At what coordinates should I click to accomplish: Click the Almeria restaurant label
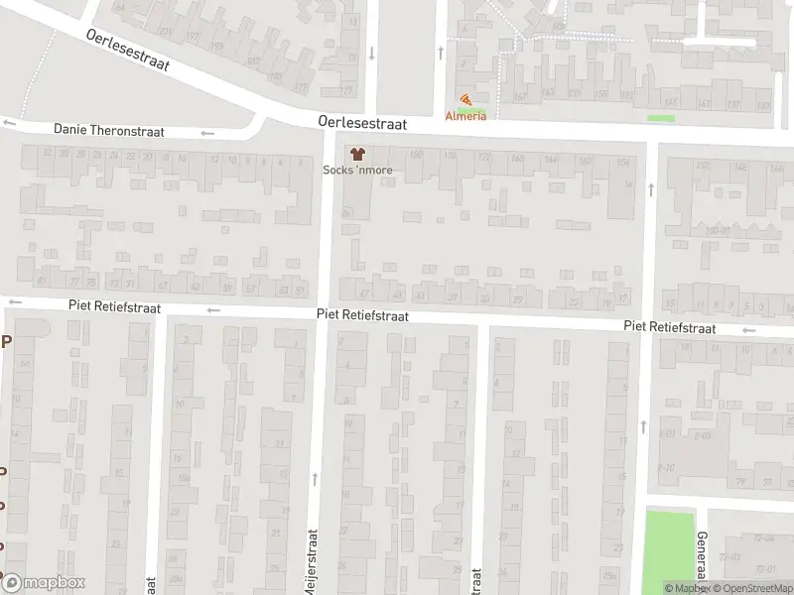[x=465, y=116]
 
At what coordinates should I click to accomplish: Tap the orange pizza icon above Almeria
[x=465, y=100]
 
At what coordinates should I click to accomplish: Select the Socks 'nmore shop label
[x=357, y=170]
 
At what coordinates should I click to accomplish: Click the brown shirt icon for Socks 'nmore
[x=357, y=154]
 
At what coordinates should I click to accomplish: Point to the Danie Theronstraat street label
[x=108, y=130]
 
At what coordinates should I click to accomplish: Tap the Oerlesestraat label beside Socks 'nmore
[x=363, y=120]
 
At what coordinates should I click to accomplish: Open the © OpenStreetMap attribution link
[x=749, y=588]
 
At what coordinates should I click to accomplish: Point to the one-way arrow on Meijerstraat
[x=315, y=479]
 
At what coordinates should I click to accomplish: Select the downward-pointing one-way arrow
[x=371, y=53]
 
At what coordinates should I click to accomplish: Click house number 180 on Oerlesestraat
[x=416, y=154]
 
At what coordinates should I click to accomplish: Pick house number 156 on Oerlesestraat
[x=622, y=162]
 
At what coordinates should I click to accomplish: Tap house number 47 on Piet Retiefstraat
[x=364, y=294]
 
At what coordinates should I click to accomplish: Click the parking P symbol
[x=6, y=342]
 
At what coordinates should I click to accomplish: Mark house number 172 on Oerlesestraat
[x=484, y=157]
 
